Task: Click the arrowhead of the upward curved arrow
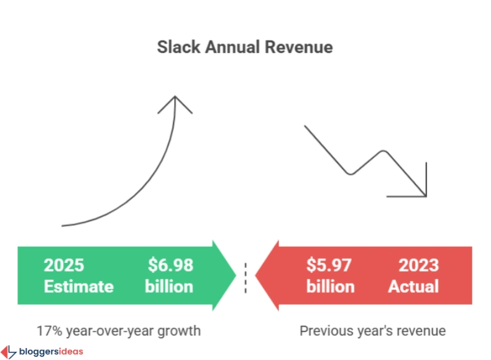click(x=175, y=103)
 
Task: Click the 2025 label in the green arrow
click(x=63, y=265)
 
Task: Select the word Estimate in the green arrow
click(x=78, y=287)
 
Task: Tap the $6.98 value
click(x=170, y=265)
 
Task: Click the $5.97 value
click(x=329, y=265)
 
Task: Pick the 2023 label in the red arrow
click(x=418, y=265)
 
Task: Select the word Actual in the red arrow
click(x=413, y=287)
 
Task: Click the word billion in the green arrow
click(x=169, y=287)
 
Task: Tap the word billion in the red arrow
click(x=330, y=287)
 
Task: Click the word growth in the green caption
click(x=179, y=330)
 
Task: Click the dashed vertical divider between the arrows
click(x=246, y=277)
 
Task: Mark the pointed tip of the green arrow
click(x=235, y=275)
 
